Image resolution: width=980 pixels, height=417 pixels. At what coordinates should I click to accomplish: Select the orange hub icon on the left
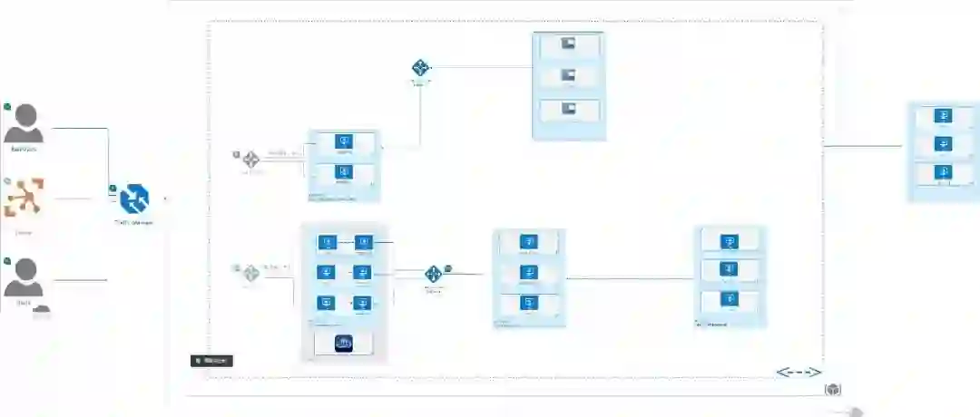pyautogui.click(x=24, y=199)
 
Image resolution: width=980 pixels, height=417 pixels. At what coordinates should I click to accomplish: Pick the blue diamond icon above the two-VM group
pyautogui.click(x=421, y=68)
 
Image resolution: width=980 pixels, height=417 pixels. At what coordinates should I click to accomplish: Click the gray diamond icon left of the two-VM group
pyautogui.click(x=251, y=160)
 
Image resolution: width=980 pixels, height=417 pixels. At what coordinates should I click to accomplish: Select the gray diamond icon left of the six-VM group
pyautogui.click(x=251, y=273)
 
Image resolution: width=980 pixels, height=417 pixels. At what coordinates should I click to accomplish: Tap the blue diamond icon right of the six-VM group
pyautogui.click(x=434, y=274)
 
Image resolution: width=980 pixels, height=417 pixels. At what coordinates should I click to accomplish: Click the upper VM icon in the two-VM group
pyautogui.click(x=344, y=141)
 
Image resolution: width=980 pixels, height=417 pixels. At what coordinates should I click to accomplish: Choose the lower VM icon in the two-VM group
pyautogui.click(x=344, y=170)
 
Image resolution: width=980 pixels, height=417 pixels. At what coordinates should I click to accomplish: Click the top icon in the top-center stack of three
pyautogui.click(x=569, y=44)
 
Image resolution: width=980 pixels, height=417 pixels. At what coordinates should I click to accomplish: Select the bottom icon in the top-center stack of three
pyautogui.click(x=569, y=109)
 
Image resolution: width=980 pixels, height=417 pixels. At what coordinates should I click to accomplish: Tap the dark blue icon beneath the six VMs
pyautogui.click(x=344, y=343)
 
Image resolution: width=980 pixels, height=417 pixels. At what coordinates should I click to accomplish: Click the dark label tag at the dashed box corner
pyautogui.click(x=211, y=361)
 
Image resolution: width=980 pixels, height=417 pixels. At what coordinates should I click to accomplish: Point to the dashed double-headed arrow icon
pyautogui.click(x=799, y=373)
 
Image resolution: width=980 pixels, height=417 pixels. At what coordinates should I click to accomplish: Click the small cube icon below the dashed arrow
pyautogui.click(x=833, y=390)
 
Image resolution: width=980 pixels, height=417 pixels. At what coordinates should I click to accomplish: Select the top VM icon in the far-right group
pyautogui.click(x=944, y=116)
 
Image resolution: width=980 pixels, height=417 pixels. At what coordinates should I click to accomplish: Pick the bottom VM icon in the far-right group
pyautogui.click(x=944, y=172)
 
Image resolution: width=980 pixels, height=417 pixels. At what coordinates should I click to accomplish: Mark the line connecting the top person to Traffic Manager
pyautogui.click(x=108, y=154)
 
